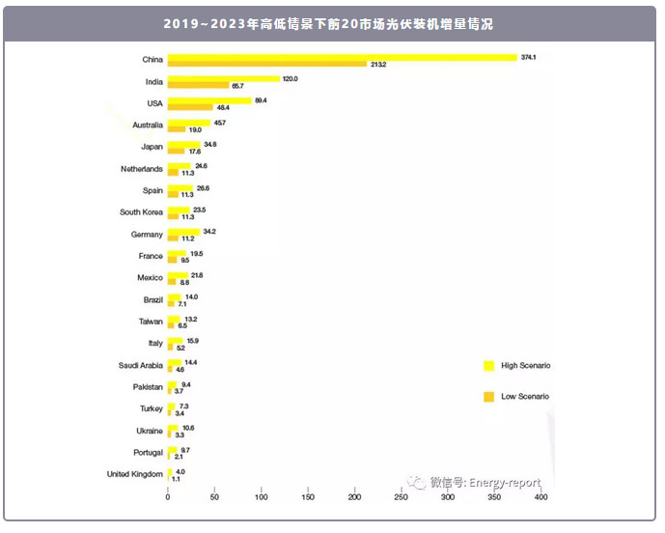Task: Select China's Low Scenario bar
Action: click(267, 65)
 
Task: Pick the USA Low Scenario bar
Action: click(190, 107)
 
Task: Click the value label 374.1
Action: click(528, 58)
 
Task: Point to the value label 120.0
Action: click(291, 79)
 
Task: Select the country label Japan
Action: click(152, 147)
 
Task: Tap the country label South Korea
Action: click(141, 212)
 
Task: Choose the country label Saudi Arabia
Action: click(140, 365)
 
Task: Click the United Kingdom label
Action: click(135, 473)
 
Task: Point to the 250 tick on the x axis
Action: click(401, 497)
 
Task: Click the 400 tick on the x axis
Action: click(540, 497)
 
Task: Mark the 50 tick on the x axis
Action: click(214, 497)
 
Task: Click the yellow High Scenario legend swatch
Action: click(488, 366)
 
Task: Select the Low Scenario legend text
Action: click(525, 397)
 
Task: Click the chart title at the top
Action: click(328, 24)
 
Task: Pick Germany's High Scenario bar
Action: click(183, 232)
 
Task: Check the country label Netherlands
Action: click(141, 169)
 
